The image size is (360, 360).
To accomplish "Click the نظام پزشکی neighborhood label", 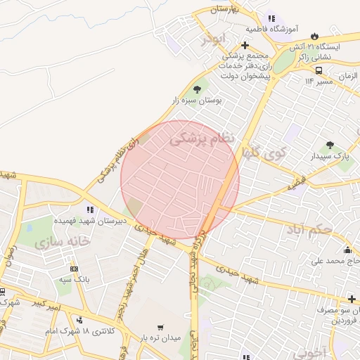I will click(202, 139).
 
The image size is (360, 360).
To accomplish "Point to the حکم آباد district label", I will click(319, 229).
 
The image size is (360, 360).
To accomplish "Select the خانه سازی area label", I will click(61, 240).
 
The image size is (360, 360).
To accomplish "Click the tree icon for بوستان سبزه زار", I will click(196, 89).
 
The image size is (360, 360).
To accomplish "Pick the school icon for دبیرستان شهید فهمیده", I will click(89, 209).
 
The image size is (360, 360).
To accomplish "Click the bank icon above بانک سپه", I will click(75, 269).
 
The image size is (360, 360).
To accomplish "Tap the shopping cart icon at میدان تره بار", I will click(160, 327).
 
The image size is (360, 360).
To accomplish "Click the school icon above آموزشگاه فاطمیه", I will click(271, 18).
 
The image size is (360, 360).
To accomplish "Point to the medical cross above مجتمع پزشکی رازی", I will click(244, 45).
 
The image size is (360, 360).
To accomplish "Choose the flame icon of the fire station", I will click(314, 35).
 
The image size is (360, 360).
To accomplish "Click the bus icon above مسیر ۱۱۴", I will click(319, 70).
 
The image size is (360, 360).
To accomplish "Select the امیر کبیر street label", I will click(48, 304).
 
